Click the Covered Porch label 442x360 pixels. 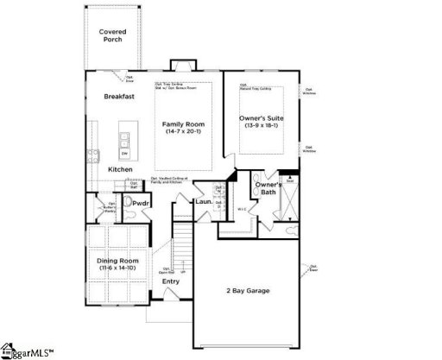pyautogui.click(x=112, y=35)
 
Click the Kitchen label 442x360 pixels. pyautogui.click(x=120, y=169)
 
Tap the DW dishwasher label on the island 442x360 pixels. pyautogui.click(x=124, y=153)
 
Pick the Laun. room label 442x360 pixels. pyautogui.click(x=203, y=202)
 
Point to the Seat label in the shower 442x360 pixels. pyautogui.click(x=290, y=181)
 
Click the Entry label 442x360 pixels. pyautogui.click(x=171, y=281)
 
